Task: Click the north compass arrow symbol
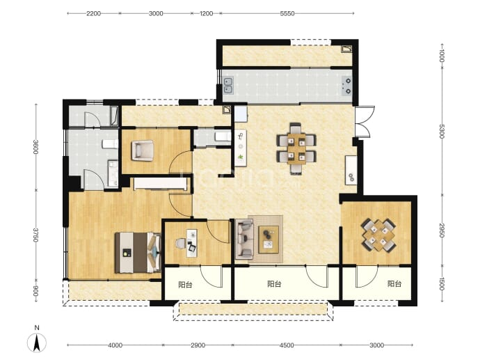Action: pyautogui.click(x=37, y=342)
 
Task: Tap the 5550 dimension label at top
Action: pyautogui.click(x=287, y=13)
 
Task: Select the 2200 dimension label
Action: pyautogui.click(x=93, y=13)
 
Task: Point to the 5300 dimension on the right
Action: pyautogui.click(x=442, y=131)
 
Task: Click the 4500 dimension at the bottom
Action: pyautogui.click(x=287, y=345)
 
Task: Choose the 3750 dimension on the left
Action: pyautogui.click(x=35, y=235)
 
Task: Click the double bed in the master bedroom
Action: pyautogui.click(x=138, y=253)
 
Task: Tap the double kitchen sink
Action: pyautogui.click(x=228, y=85)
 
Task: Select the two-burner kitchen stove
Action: pyautogui.click(x=347, y=86)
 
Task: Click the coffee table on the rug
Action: pyautogui.click(x=269, y=240)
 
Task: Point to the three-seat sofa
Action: pyautogui.click(x=244, y=238)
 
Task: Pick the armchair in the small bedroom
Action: pyautogui.click(x=143, y=150)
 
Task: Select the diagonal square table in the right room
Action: pyautogui.click(x=378, y=235)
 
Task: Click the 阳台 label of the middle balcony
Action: pyautogui.click(x=274, y=284)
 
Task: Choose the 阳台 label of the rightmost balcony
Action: pyautogui.click(x=394, y=283)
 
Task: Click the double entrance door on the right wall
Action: pyautogui.click(x=365, y=123)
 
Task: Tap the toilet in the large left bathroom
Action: pyautogui.click(x=110, y=144)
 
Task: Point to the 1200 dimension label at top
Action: pyautogui.click(x=207, y=13)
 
